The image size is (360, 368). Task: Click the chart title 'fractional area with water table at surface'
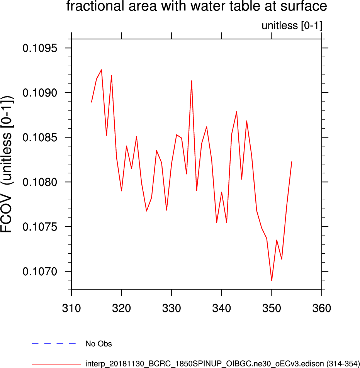(x=197, y=7)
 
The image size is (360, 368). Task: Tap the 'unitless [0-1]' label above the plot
(x=292, y=26)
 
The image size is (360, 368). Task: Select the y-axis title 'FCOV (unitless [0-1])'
(x=8, y=164)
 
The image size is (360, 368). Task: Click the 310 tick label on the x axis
(x=71, y=309)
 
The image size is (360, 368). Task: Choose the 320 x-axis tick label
(x=122, y=309)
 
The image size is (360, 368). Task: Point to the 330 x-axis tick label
(x=172, y=309)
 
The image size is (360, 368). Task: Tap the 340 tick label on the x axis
(x=222, y=309)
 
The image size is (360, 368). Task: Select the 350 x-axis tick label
(x=272, y=309)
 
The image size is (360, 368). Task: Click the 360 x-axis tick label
(x=322, y=309)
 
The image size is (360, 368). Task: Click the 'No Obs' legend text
(x=98, y=344)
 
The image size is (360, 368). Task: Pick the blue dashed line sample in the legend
(x=54, y=343)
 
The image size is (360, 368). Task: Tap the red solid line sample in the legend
(x=54, y=364)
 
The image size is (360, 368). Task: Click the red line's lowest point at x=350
(x=272, y=280)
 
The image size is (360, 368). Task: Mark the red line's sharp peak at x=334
(x=192, y=81)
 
